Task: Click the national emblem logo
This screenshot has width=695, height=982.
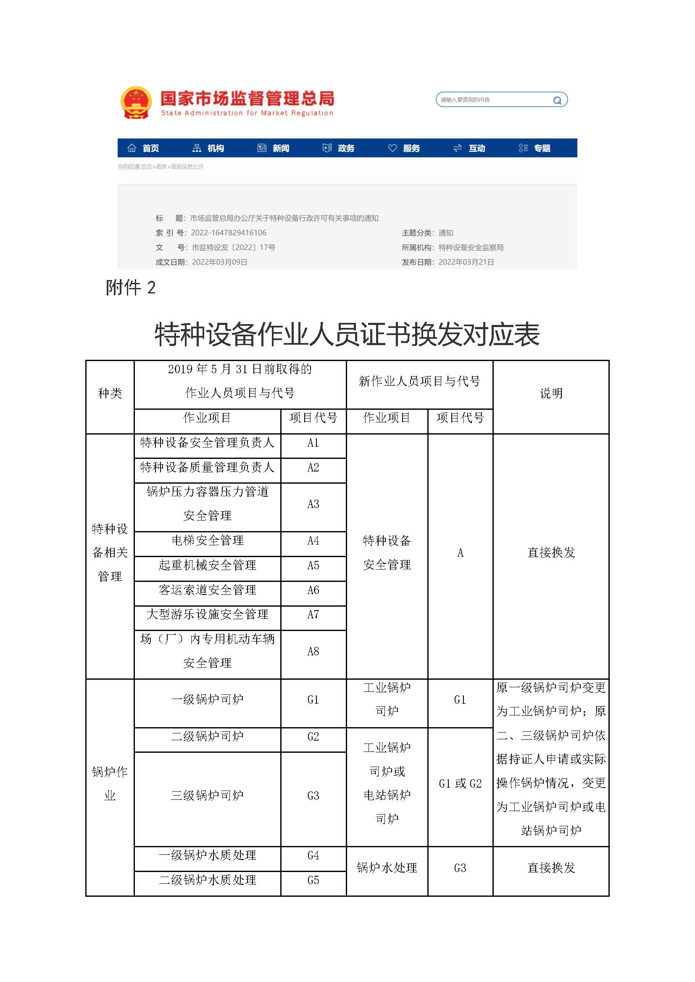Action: (136, 102)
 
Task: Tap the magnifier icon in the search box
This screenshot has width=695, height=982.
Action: (557, 100)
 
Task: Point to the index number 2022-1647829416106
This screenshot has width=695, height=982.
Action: (229, 233)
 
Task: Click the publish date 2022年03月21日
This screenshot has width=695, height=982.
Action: (466, 262)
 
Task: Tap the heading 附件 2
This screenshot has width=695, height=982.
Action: (131, 288)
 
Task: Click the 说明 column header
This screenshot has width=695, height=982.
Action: (551, 393)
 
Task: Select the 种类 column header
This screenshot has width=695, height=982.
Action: (110, 393)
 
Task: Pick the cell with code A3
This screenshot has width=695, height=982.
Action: (313, 504)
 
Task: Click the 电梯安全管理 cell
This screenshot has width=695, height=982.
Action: (208, 541)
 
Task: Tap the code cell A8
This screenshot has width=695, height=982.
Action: (313, 651)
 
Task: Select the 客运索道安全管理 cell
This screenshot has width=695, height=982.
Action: (208, 590)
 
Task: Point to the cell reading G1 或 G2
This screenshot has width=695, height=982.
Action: (460, 783)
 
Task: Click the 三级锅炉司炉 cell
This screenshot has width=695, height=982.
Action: (208, 796)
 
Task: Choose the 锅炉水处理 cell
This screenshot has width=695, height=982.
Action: (387, 867)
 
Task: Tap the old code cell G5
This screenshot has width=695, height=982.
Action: (313, 880)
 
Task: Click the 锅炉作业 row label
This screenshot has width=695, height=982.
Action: (110, 783)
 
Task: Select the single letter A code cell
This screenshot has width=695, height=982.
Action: (460, 553)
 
